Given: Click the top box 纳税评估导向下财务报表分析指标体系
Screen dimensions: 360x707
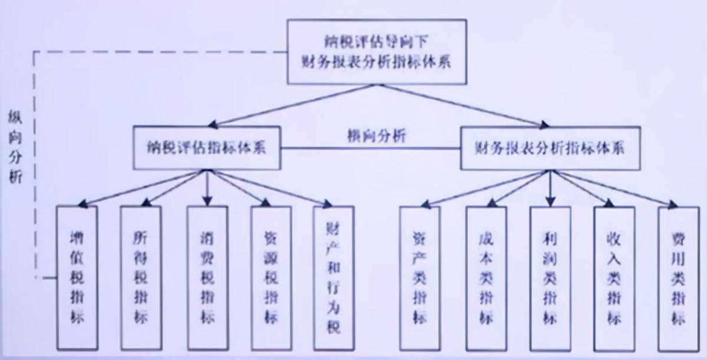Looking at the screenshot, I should click(x=376, y=52).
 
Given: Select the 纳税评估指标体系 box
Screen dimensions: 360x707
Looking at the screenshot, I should click(x=206, y=147).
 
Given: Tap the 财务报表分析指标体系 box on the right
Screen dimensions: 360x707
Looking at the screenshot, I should click(x=550, y=147).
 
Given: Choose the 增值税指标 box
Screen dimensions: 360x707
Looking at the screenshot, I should click(x=77, y=278).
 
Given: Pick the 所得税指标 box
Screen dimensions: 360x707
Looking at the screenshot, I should click(x=140, y=278).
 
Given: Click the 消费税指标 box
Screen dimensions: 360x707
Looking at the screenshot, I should click(x=207, y=278).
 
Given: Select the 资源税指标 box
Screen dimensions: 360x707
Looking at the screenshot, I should click(x=270, y=278).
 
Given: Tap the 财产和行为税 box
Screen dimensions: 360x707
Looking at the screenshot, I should click(x=333, y=278).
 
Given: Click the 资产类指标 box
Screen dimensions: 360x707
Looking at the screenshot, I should click(x=419, y=278).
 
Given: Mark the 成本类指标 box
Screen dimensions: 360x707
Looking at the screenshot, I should click(x=486, y=278).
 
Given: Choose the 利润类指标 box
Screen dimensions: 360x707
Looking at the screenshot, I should click(x=550, y=278).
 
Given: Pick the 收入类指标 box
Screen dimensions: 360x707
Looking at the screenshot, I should click(x=614, y=278).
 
